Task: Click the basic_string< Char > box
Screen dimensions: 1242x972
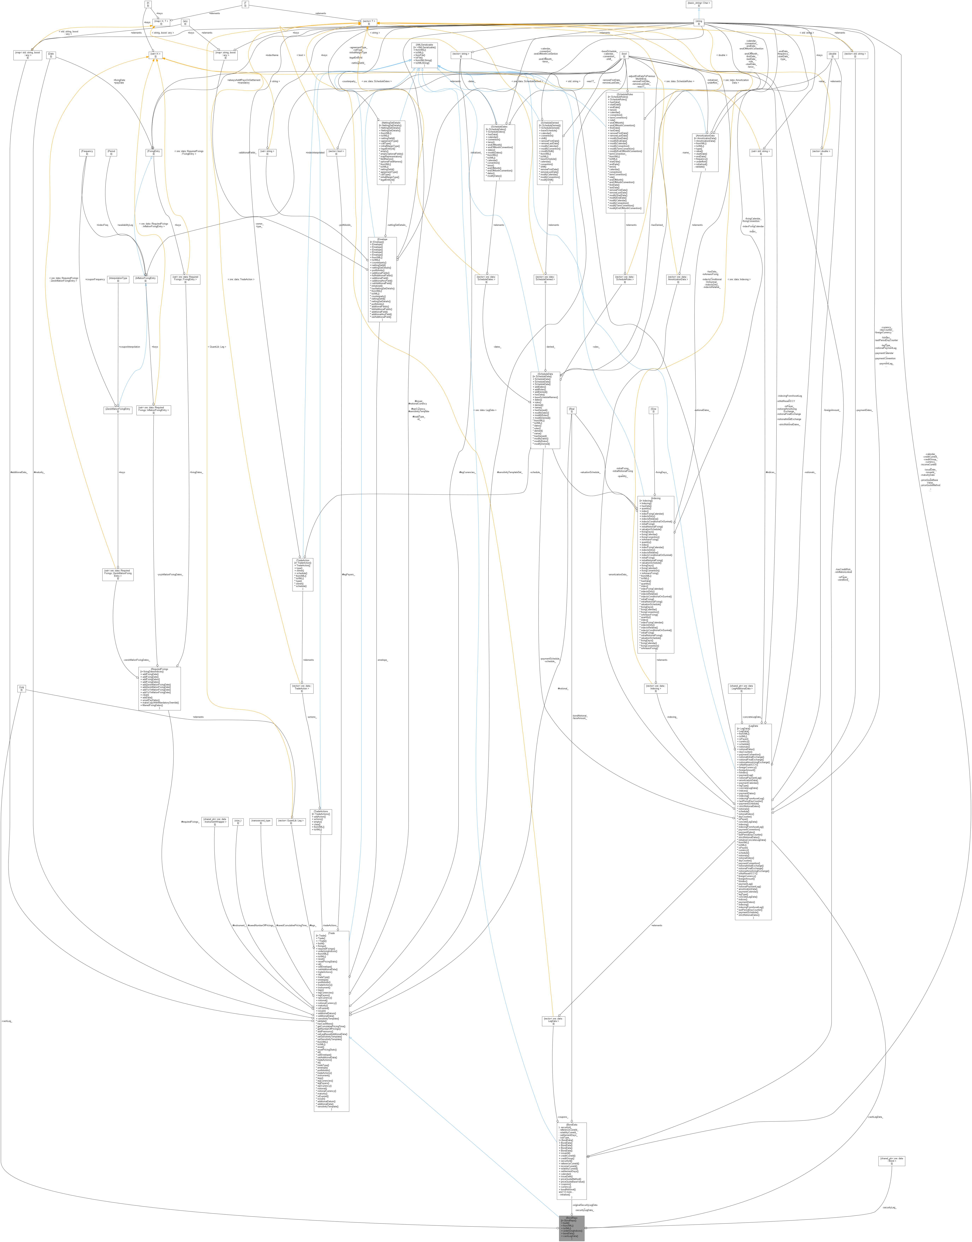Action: point(699,4)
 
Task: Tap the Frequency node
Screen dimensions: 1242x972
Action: point(87,152)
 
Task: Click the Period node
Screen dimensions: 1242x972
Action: point(111,152)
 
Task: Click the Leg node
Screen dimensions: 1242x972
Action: point(22,688)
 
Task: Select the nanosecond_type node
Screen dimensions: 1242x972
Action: point(261,822)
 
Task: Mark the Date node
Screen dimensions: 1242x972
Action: point(51,55)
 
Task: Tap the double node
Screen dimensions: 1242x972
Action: point(832,55)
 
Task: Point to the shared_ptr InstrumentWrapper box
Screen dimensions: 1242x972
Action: point(215,822)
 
